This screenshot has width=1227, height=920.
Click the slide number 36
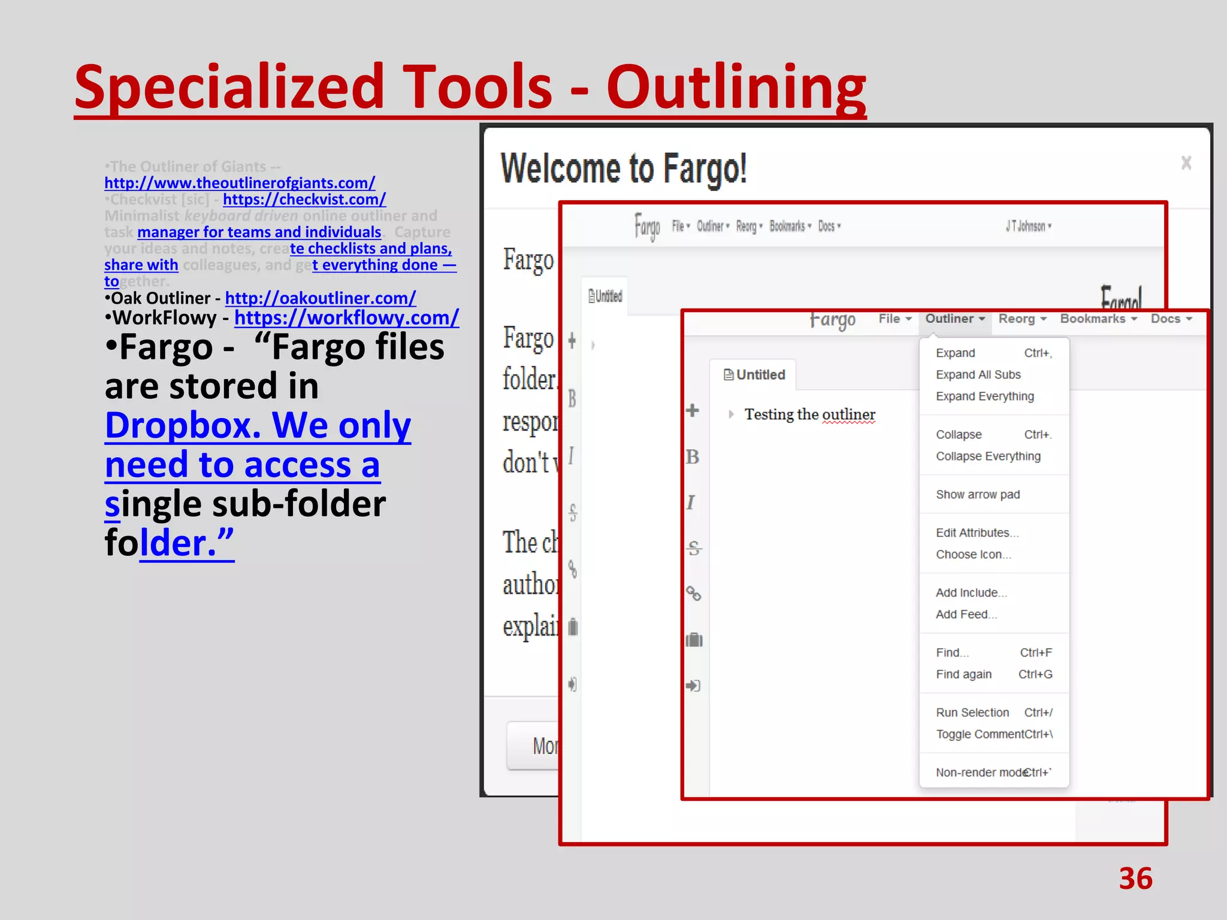(x=1135, y=879)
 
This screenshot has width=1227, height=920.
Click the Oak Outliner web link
(x=320, y=298)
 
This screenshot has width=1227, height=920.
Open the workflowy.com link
(x=346, y=317)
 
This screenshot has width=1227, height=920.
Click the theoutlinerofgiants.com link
(x=240, y=183)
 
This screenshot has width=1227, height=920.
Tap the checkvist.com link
(x=304, y=199)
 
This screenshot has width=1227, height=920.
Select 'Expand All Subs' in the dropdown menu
(x=978, y=375)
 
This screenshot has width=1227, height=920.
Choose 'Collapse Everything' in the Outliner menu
(x=988, y=456)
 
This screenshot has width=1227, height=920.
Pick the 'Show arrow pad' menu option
(x=978, y=495)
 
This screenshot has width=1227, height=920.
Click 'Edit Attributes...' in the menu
(x=977, y=533)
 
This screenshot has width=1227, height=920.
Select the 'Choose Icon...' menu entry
(x=973, y=555)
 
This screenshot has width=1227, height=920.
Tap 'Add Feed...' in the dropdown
(x=966, y=615)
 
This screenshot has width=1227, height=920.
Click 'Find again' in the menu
(x=963, y=674)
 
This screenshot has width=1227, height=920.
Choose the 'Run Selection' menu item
(x=972, y=713)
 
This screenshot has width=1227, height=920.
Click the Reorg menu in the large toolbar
(x=1022, y=319)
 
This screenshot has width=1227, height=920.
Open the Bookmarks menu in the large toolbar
(x=1098, y=319)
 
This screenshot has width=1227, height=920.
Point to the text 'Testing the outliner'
(x=809, y=414)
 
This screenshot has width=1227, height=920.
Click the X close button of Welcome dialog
(x=1186, y=163)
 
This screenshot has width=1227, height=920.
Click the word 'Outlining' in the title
(x=736, y=87)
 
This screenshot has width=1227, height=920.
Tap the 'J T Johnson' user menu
(x=1027, y=226)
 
